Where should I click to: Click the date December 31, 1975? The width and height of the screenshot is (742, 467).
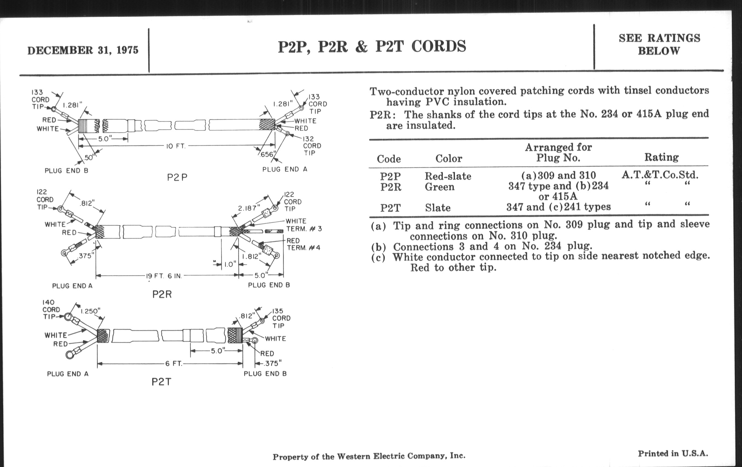point(83,50)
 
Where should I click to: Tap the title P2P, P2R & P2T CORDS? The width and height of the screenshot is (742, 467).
point(372,46)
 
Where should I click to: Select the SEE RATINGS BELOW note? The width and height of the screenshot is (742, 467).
point(659,44)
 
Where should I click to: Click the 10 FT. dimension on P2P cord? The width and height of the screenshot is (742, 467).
point(176,146)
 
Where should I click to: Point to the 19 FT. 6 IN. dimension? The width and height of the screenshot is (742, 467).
point(164,276)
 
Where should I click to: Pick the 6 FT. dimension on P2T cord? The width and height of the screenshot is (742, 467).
point(174,364)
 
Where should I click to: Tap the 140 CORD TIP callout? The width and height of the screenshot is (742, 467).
point(51,310)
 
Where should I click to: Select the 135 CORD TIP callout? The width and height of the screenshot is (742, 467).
point(281,318)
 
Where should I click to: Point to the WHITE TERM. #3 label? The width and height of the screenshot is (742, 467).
point(304,225)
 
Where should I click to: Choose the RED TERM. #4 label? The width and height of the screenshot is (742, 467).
point(303,244)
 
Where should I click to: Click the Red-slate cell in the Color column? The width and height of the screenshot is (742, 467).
point(448,176)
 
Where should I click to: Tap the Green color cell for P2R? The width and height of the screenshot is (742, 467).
point(439,187)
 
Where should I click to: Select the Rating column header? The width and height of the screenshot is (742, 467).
point(661,157)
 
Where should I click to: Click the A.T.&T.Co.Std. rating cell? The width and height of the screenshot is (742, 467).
point(660,175)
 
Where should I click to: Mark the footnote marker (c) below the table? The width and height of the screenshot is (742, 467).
point(378,257)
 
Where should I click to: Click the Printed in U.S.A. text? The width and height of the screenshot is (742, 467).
point(673,454)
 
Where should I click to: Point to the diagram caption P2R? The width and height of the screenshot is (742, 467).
point(162,294)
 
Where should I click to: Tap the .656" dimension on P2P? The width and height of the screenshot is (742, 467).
point(266,154)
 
